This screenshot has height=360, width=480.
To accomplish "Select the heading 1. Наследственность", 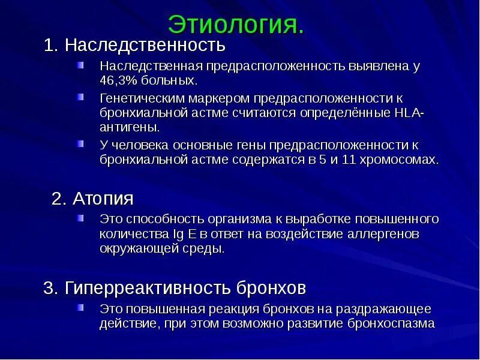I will coord(134,45).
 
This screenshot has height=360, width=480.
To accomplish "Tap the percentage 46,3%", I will coord(117,80).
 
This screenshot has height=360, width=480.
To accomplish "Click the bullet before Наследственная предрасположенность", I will coord(80,64).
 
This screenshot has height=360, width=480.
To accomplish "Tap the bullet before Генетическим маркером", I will coord(80,96).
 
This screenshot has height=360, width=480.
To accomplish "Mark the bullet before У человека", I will coord(80,143).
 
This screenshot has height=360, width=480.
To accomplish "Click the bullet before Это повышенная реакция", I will coord(80,308).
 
